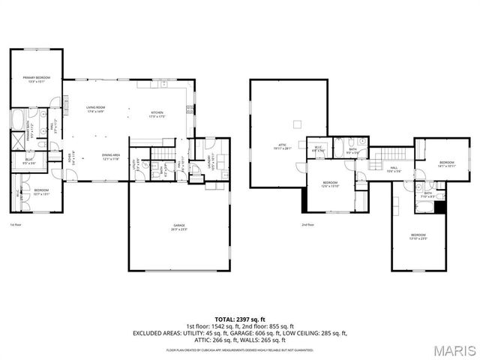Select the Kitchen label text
click(x=157, y=114)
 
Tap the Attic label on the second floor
click(x=283, y=146)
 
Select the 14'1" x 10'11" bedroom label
click(x=447, y=164)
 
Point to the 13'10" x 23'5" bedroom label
click(x=418, y=238)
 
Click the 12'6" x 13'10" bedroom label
click(x=331, y=184)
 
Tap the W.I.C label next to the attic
click(x=318, y=148)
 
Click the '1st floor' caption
click(x=16, y=224)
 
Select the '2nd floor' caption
click(x=307, y=224)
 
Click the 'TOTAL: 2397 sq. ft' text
click(x=239, y=319)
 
